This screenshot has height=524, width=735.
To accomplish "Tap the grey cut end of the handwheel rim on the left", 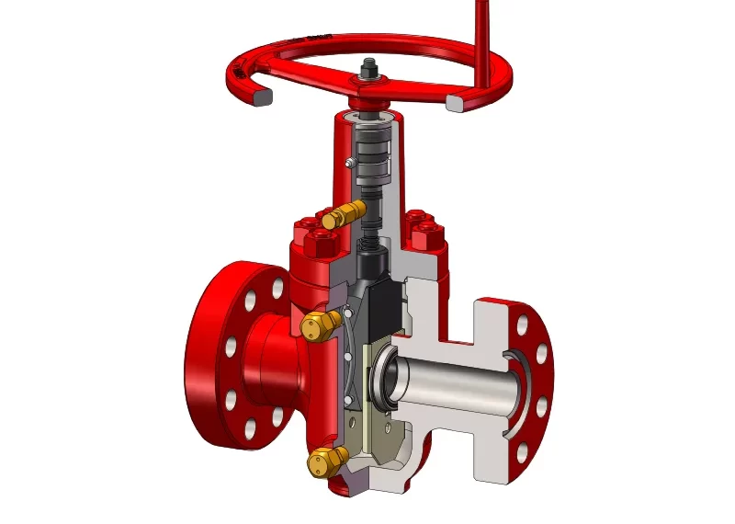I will pos(261,96).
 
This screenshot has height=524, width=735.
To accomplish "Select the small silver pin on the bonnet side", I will pos(350,164).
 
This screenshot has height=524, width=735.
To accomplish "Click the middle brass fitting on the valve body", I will pos(315,324).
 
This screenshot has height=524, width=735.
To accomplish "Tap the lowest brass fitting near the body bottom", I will pos(322,462).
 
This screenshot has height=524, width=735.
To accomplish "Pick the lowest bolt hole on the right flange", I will pos(520,453).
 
